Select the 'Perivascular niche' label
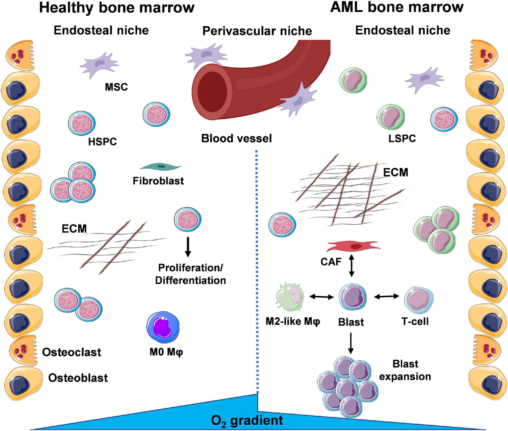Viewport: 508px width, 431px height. (x=257, y=30)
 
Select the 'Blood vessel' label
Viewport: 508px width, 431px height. (x=236, y=138)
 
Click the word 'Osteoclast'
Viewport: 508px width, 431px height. (x=72, y=352)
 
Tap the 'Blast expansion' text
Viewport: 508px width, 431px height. (x=405, y=370)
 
